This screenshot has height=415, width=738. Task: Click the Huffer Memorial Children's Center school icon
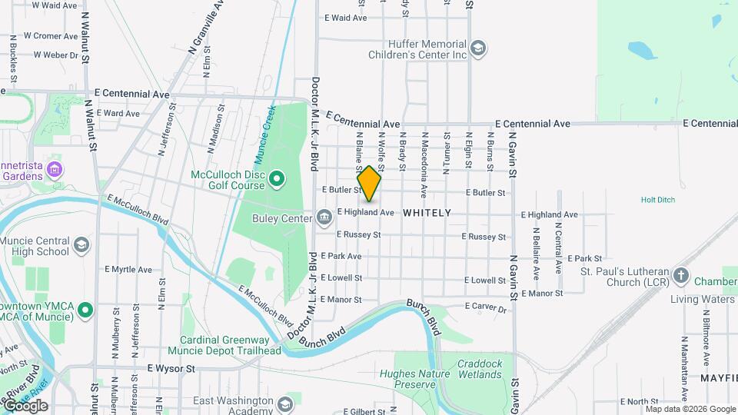tap(478, 49)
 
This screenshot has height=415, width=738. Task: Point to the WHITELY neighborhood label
tap(427, 212)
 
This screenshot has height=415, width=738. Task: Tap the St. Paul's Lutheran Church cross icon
tap(680, 275)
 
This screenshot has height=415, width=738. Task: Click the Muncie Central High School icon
tap(81, 246)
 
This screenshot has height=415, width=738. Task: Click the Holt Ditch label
tap(657, 200)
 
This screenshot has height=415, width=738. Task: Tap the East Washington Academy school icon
tap(285, 405)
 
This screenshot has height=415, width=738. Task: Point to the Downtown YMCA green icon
tap(85, 310)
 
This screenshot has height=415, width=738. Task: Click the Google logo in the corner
tap(25, 406)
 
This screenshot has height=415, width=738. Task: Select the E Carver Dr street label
tap(486, 308)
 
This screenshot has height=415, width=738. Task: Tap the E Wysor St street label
tap(171, 369)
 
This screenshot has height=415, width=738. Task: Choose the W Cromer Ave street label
tap(50, 35)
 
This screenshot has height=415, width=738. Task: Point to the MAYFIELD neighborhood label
tap(719, 379)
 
